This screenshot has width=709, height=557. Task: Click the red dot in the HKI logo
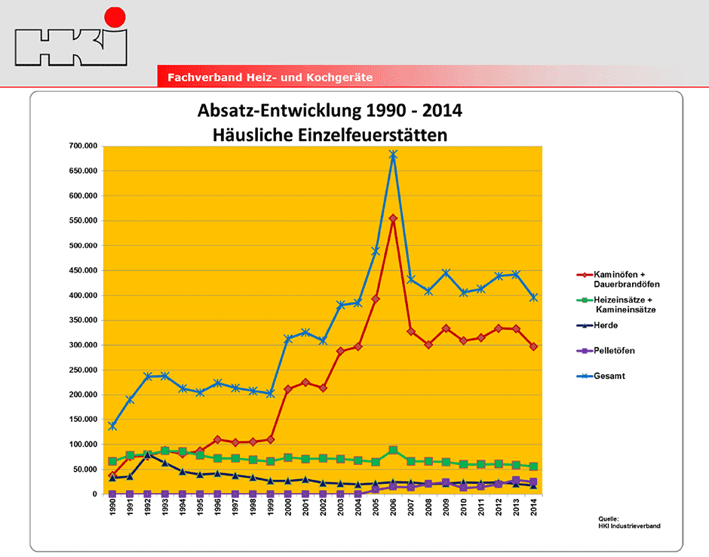(x=115, y=17)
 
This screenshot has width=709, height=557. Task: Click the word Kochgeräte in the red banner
(x=339, y=78)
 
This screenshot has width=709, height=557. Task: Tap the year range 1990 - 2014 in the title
(x=414, y=111)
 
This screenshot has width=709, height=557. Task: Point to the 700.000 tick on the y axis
(x=83, y=146)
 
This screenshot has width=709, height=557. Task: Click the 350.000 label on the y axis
(x=83, y=320)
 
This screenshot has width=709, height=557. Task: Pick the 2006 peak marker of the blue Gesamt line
(x=393, y=155)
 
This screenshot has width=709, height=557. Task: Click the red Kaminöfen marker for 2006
(x=393, y=219)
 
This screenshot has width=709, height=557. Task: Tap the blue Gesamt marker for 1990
(x=112, y=426)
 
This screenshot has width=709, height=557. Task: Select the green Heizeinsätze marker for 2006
(x=393, y=451)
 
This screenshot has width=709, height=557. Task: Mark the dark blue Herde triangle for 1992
(x=147, y=455)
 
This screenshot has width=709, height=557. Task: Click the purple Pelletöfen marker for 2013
(x=516, y=481)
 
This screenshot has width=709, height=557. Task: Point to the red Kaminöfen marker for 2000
(x=287, y=389)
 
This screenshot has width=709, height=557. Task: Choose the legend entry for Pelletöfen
(x=606, y=351)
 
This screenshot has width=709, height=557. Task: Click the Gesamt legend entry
(x=601, y=376)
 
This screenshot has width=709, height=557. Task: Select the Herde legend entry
(x=597, y=325)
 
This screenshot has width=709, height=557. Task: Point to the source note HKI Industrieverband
(x=629, y=526)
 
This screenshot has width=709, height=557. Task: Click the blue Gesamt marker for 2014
(x=533, y=297)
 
